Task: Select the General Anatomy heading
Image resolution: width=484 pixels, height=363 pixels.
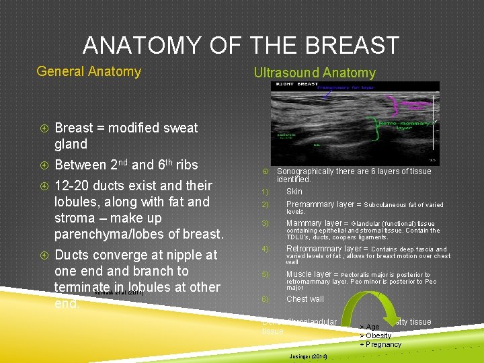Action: (x=89, y=71)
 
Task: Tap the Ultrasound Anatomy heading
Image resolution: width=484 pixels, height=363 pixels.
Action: (x=314, y=73)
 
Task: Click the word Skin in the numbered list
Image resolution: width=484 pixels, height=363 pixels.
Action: (x=294, y=192)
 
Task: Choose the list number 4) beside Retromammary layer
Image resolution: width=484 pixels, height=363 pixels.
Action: (x=265, y=249)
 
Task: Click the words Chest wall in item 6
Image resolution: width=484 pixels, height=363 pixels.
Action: (x=305, y=299)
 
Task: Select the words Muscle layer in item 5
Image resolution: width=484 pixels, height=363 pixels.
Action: (x=309, y=274)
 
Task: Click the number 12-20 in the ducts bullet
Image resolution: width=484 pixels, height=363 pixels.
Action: (x=73, y=186)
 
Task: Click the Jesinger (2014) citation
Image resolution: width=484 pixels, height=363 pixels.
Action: (x=307, y=356)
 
